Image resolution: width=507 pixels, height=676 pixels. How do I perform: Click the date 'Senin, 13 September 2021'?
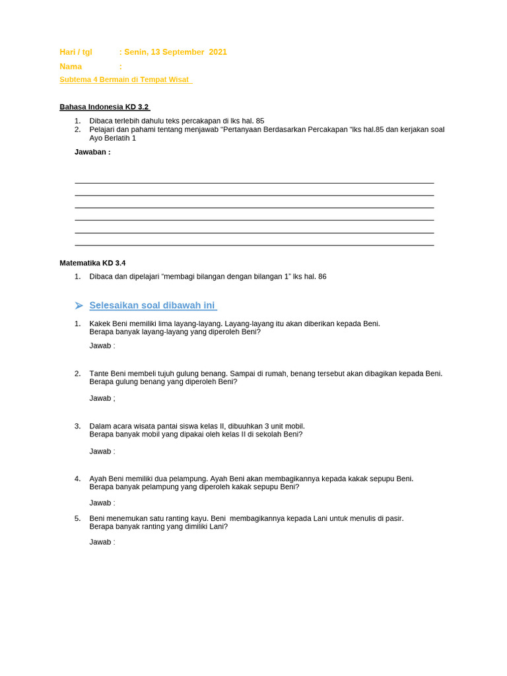tap(175, 52)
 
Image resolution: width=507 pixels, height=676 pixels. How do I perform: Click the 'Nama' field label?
tap(71, 67)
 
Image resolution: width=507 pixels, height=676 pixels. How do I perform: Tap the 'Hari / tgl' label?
tap(76, 52)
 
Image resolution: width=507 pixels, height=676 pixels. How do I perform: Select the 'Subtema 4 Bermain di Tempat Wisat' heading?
tap(125, 80)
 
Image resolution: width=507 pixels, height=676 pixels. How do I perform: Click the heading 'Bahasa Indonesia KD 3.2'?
tap(104, 107)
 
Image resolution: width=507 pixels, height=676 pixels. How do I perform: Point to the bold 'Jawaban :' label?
tap(92, 152)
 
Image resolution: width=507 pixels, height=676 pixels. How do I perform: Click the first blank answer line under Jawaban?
tap(254, 183)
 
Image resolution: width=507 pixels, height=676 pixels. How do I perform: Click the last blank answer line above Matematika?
tap(254, 245)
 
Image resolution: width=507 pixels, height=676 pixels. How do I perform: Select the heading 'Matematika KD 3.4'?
tap(92, 263)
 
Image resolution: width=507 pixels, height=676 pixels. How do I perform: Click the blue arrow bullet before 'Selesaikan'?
tap(79, 306)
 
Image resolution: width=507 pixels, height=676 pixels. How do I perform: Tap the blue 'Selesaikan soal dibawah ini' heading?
tap(152, 306)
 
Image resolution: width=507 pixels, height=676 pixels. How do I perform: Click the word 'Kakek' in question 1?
tap(100, 323)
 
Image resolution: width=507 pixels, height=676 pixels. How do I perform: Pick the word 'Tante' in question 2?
tap(100, 374)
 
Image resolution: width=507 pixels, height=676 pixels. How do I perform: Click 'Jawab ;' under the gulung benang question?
tap(102, 398)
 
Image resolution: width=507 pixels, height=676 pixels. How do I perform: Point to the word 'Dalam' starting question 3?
tap(100, 426)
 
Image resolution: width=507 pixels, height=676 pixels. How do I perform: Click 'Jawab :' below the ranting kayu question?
tap(102, 542)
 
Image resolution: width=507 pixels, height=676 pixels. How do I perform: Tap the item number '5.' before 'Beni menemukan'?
tap(77, 519)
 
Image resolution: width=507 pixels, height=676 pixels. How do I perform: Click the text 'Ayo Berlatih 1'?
tap(113, 138)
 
